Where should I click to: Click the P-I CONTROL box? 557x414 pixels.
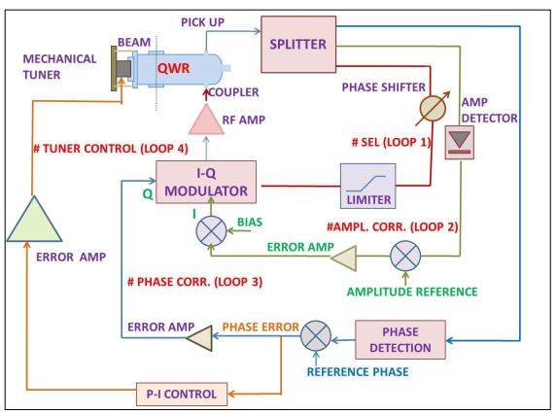pyautogui.click(x=183, y=394)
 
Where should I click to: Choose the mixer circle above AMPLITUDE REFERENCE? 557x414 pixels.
pyautogui.click(x=402, y=257)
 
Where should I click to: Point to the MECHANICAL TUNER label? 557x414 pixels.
pyautogui.click(x=59, y=65)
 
